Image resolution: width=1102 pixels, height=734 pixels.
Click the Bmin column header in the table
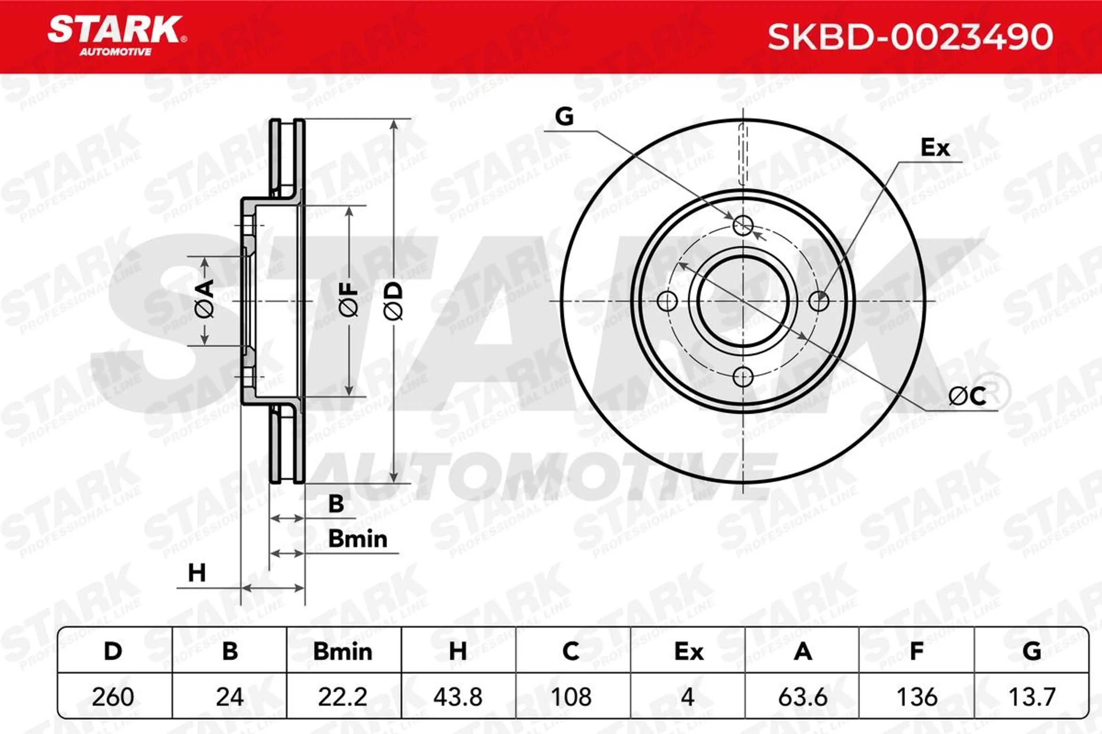point(342,652)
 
